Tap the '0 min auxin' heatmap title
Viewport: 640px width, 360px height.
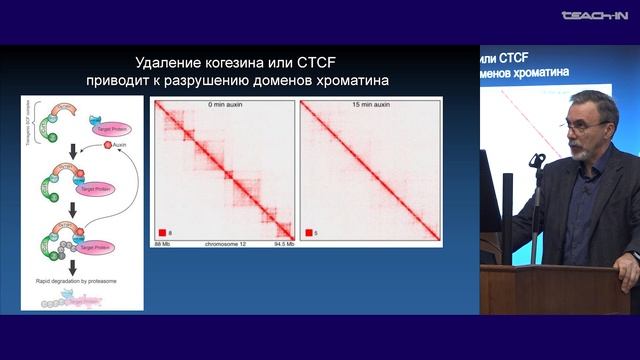click(223, 103)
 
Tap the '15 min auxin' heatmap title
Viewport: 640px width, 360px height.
click(370, 103)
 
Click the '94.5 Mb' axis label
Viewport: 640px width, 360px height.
click(283, 243)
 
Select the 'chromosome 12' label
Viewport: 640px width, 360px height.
click(223, 243)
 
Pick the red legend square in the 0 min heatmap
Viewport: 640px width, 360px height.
click(161, 231)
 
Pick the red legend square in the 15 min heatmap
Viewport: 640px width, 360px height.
click(309, 231)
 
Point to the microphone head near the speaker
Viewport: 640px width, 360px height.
click(537, 160)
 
